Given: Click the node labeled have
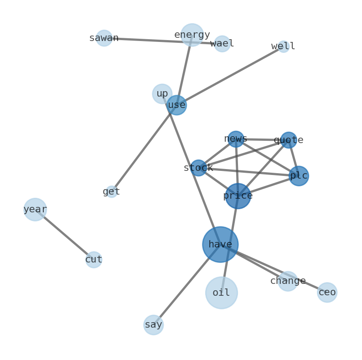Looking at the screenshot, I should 220,244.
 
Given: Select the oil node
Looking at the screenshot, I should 222,293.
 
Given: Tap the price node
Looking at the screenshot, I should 238,196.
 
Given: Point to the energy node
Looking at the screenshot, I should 192,35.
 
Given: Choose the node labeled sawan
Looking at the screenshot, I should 104,38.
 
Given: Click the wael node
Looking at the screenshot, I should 222,44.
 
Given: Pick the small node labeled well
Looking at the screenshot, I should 284,46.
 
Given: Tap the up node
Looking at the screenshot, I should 162,94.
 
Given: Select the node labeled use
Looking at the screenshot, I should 176,105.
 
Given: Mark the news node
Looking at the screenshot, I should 236,139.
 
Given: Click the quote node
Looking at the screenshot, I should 289,140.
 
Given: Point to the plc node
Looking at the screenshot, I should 299,176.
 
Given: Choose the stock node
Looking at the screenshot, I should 198,168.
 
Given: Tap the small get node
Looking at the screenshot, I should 112,192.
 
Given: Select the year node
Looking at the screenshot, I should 35,210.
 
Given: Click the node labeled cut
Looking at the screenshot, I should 94,260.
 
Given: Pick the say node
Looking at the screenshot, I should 154,325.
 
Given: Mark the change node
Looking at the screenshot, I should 288,281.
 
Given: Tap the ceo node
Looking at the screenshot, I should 327,293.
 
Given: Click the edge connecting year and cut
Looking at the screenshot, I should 64,235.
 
